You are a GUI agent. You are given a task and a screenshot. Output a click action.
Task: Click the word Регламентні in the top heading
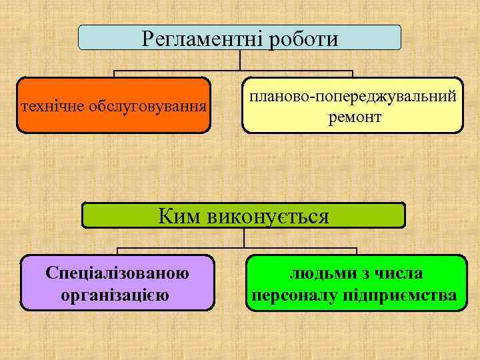click(201, 38)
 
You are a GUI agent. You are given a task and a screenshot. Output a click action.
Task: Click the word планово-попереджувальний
click(353, 96)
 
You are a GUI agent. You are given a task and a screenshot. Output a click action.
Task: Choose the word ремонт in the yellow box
click(354, 117)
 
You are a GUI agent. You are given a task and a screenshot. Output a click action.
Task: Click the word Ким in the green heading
click(180, 216)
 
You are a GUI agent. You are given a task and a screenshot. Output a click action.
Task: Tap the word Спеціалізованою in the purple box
click(117, 273)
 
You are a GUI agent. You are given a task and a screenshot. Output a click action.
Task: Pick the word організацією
click(117, 294)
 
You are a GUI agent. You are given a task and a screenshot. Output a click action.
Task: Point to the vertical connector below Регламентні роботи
click(240, 61)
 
